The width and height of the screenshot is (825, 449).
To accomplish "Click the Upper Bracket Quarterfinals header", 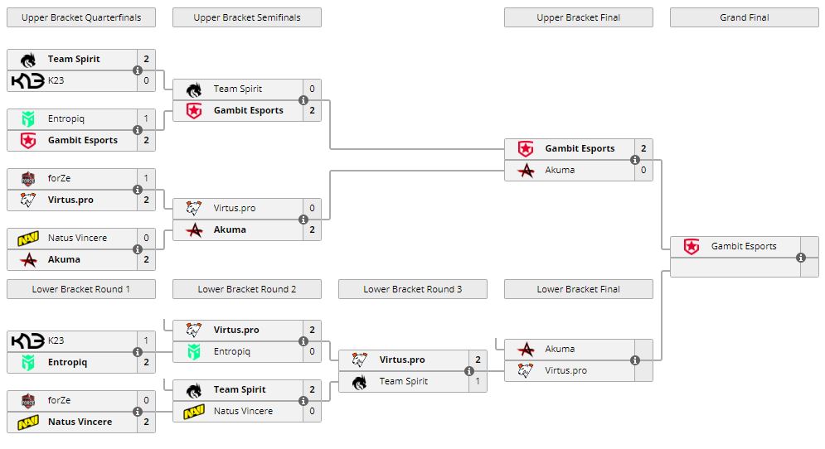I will coord(81,17).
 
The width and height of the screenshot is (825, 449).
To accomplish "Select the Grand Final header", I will coord(744,17).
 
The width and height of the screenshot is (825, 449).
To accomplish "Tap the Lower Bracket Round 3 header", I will coord(412,289).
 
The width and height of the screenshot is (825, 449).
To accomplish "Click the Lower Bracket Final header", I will coord(578,289).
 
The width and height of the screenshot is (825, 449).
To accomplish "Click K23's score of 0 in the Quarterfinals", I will coord(146,80).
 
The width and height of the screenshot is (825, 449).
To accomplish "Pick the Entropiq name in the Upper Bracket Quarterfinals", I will coord(66,118).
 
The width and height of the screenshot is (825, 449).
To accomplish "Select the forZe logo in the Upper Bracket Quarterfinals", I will coord(28,178).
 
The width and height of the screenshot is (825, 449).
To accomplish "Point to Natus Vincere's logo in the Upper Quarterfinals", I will coord(28,238).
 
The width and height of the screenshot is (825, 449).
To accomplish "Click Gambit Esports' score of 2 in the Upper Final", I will coord(643,148).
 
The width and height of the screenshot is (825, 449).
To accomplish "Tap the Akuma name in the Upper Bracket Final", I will coord(560,170).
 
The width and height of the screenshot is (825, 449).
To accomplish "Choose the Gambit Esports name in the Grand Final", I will coord(744,246).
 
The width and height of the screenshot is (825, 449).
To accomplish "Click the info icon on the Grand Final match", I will coord(801,258).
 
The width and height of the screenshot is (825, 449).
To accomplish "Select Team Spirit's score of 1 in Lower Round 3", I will coord(478,381).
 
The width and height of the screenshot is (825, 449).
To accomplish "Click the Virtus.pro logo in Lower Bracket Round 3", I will coord(360,360).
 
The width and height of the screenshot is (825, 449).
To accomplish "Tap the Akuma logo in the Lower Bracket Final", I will coord(526,349).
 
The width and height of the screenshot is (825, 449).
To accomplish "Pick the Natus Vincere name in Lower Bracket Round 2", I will coord(243,411).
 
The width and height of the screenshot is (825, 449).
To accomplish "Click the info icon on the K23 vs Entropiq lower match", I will coord(138,352).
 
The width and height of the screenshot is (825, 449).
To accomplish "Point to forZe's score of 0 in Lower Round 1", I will coord(146,400).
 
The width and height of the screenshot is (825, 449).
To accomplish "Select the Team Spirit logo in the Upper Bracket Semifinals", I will coord(194,89).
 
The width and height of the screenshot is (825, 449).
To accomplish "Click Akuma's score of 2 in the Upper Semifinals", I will coord(312,229).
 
